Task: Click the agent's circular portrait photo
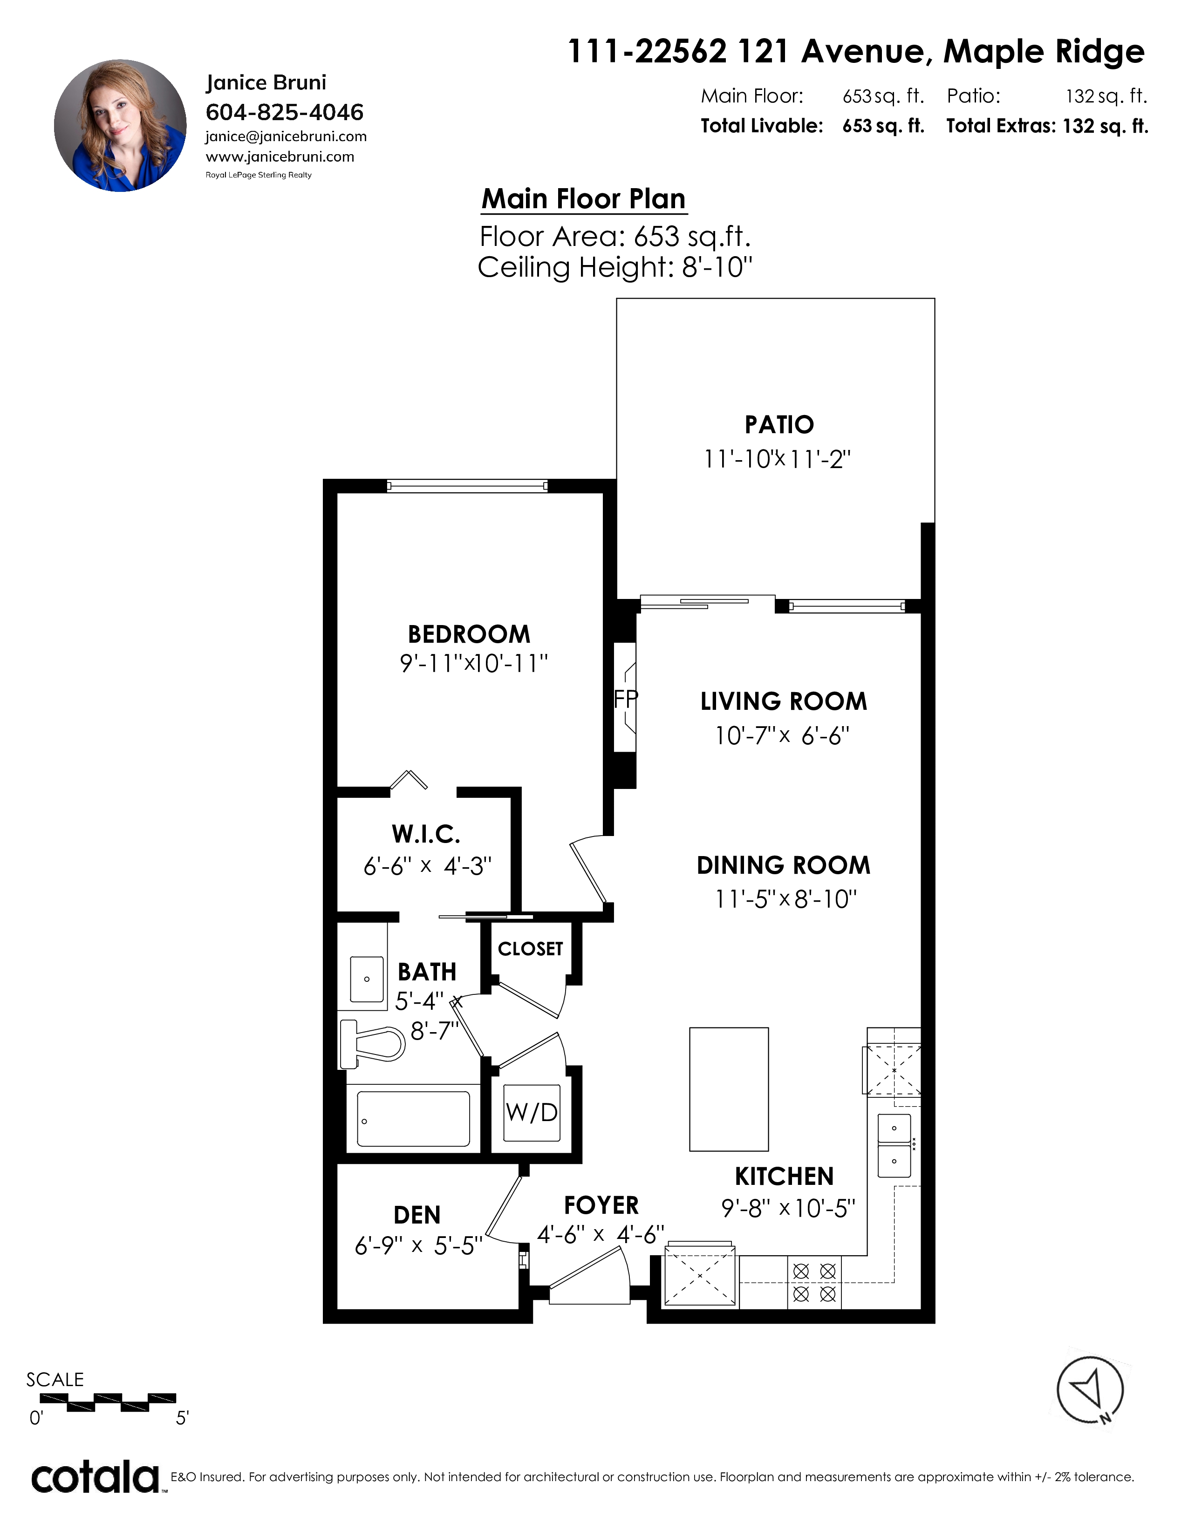[x=120, y=125]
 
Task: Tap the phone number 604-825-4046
[x=284, y=112]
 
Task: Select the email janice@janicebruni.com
[x=286, y=136]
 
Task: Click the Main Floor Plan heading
[x=583, y=199]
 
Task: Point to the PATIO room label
[x=779, y=425]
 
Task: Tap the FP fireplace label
[x=626, y=699]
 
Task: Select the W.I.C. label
[x=426, y=834]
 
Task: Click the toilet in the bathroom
[x=372, y=1044]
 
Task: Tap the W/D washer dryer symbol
[x=532, y=1113]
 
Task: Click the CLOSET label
[x=530, y=949]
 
